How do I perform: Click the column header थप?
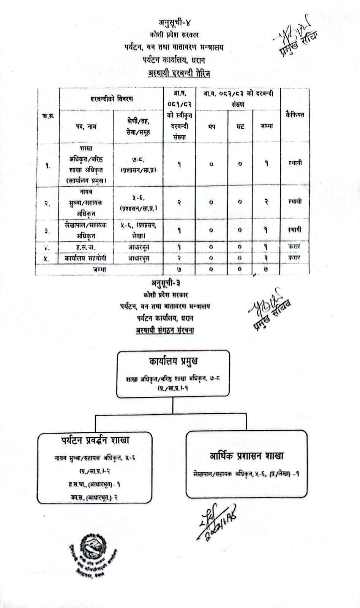click(x=212, y=127)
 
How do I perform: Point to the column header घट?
click(x=240, y=127)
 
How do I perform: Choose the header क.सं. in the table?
click(x=48, y=116)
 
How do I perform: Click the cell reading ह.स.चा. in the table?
click(x=86, y=247)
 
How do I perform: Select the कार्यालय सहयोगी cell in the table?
click(x=86, y=258)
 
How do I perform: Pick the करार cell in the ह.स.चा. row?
click(x=295, y=247)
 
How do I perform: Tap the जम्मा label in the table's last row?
click(x=99, y=269)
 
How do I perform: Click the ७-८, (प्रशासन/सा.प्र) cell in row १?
click(x=138, y=165)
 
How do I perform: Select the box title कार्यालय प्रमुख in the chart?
click(x=173, y=361)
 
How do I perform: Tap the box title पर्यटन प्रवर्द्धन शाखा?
click(x=95, y=440)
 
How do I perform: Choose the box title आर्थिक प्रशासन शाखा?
click(x=246, y=456)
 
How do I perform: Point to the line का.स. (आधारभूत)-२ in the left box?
click(x=94, y=497)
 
